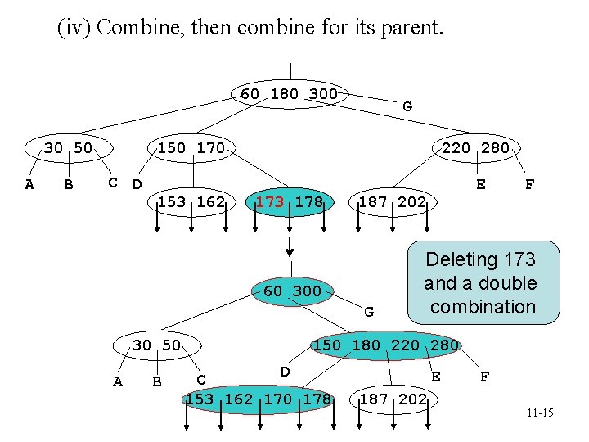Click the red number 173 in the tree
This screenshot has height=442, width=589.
(269, 202)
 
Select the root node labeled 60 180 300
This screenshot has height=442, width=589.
(290, 93)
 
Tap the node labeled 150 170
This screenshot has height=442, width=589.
(191, 148)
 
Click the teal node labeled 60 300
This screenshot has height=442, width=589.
(292, 291)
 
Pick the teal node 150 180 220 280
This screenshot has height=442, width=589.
(386, 345)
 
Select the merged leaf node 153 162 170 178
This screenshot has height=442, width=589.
(259, 399)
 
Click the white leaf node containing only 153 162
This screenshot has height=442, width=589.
(191, 202)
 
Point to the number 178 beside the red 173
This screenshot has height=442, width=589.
(308, 202)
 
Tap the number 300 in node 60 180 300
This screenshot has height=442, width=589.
(324, 93)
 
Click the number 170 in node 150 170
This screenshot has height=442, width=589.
(210, 148)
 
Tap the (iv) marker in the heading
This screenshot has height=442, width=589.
(74, 28)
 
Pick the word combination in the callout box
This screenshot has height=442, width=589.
(483, 307)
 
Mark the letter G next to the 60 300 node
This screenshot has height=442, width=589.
(369, 311)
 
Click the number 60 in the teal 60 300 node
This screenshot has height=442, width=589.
(273, 291)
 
